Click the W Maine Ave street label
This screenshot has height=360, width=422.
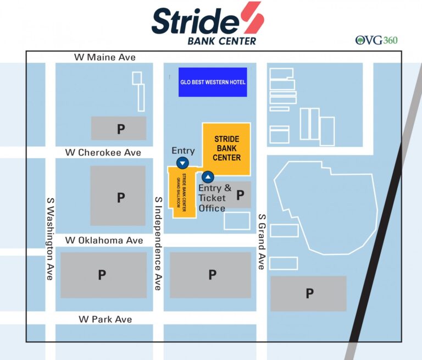click(105, 57)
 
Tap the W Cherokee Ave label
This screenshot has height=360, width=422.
click(103, 152)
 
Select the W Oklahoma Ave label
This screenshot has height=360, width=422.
click(104, 240)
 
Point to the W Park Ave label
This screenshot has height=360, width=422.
click(105, 319)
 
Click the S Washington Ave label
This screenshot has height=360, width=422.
click(50, 239)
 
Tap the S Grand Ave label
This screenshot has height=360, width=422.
click(262, 242)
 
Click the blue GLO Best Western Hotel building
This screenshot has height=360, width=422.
click(213, 82)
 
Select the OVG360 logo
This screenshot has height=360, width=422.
click(376, 40)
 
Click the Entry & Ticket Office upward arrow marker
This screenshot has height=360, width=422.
click(207, 177)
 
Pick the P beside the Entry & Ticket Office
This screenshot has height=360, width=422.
click(240, 195)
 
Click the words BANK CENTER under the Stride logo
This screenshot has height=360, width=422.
click(221, 41)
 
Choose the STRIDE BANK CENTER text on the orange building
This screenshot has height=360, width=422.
click(227, 148)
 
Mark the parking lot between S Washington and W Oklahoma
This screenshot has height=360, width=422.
click(118, 196)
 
